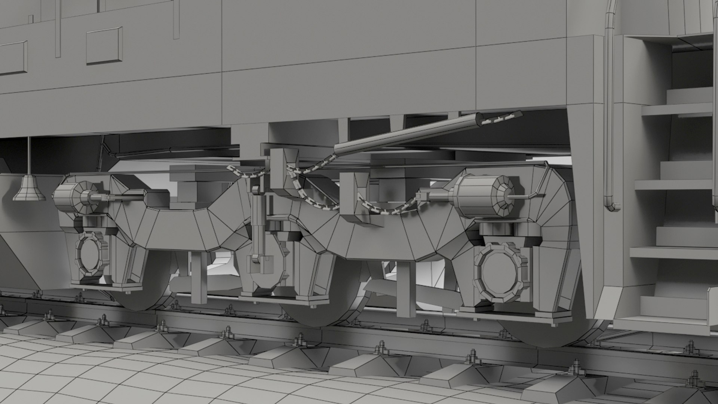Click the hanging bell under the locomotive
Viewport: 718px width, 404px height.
[29, 189]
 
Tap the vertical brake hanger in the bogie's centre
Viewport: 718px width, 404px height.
[258, 228]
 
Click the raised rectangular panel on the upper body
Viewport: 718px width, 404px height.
[104, 46]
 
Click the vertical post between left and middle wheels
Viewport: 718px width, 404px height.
[199, 277]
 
